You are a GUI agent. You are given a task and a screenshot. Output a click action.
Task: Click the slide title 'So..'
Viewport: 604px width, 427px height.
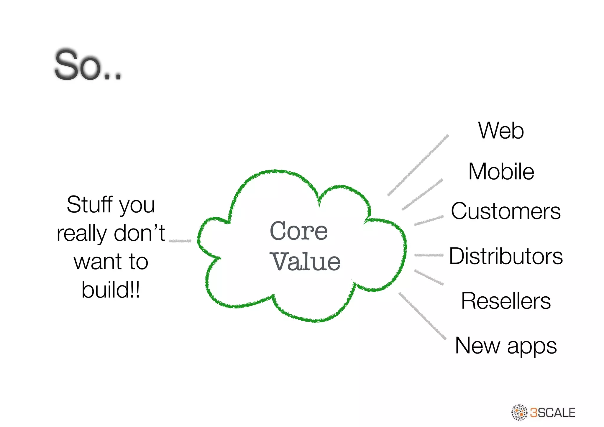pos(88,65)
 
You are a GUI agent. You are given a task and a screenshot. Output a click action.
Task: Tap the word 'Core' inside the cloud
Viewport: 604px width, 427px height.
pos(298,231)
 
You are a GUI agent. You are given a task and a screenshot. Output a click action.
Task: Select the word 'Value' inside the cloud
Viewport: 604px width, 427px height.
pos(305,262)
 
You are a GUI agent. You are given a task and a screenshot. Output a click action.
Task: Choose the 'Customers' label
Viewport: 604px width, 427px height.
pos(505,211)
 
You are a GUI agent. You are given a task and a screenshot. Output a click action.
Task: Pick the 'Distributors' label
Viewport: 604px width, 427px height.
pos(506,256)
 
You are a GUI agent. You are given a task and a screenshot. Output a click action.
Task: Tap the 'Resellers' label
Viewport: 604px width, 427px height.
pos(506,301)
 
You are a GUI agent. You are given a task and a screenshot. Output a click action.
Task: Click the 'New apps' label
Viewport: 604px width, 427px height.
pos(506,346)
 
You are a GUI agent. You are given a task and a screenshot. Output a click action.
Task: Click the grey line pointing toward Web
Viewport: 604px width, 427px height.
pos(418,165)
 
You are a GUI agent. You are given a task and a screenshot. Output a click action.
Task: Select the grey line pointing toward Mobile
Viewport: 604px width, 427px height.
pos(422,195)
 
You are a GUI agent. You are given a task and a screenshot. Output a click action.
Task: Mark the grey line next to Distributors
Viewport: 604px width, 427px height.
pos(429,255)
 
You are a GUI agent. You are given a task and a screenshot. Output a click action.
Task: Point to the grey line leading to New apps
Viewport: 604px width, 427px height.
pos(422,316)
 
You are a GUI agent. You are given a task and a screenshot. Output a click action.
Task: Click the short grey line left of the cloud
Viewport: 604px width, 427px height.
pos(180,241)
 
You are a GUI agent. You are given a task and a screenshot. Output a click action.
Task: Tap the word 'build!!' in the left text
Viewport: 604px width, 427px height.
pos(111,290)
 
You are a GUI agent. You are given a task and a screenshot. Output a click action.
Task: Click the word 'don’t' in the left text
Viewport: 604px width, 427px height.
pos(139,233)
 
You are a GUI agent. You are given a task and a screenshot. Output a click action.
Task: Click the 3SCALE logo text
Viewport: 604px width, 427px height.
pos(552,413)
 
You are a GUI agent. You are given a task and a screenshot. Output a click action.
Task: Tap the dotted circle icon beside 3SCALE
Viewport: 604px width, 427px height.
pos(519,412)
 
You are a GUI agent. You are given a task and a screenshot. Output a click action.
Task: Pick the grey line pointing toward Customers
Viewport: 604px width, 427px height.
pos(429,221)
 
